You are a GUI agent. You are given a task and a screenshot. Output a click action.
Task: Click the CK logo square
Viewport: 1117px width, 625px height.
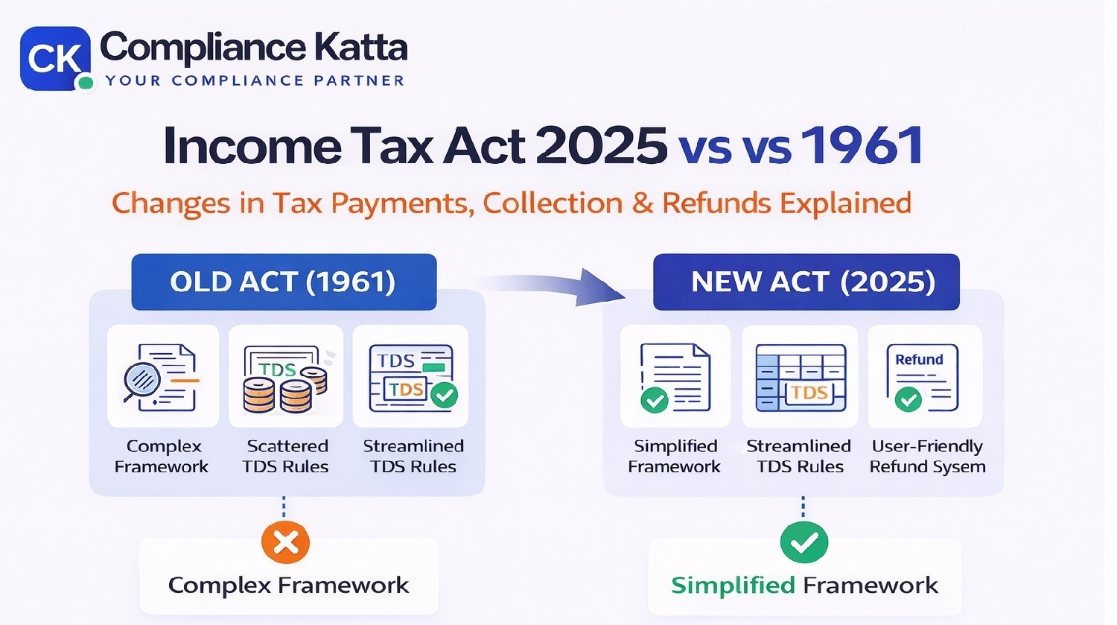[x=54, y=58]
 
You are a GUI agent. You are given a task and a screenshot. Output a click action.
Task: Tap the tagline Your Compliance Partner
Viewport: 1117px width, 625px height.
[x=255, y=80]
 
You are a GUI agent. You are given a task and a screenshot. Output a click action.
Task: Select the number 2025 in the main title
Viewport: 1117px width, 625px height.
[x=601, y=145]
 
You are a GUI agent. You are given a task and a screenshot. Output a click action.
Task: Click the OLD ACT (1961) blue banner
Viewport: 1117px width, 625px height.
[x=284, y=282]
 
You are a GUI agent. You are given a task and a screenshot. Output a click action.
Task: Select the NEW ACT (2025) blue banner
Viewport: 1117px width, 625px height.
[x=806, y=282]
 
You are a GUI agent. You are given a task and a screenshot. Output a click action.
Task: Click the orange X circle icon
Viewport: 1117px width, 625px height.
[x=285, y=542]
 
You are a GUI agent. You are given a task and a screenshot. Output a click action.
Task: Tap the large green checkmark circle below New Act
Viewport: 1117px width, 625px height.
[x=803, y=542]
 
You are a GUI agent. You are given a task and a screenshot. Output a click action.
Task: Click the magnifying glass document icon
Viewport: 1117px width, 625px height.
[x=162, y=377]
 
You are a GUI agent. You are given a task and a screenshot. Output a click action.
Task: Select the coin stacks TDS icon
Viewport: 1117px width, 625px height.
[x=286, y=378]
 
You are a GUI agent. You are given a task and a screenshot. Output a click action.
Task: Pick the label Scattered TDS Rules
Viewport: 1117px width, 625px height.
[x=286, y=456]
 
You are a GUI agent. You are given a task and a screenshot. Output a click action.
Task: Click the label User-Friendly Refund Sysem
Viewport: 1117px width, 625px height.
[x=927, y=456]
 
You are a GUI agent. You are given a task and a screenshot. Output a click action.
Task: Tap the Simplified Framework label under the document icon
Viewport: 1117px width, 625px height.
[x=675, y=456]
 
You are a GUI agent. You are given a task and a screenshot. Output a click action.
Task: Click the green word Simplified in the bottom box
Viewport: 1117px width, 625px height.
[x=733, y=586]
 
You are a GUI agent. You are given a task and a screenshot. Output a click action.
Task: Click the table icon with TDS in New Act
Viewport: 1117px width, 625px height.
[x=801, y=378]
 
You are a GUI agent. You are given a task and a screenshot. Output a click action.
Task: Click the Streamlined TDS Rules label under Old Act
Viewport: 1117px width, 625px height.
[x=413, y=456]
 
